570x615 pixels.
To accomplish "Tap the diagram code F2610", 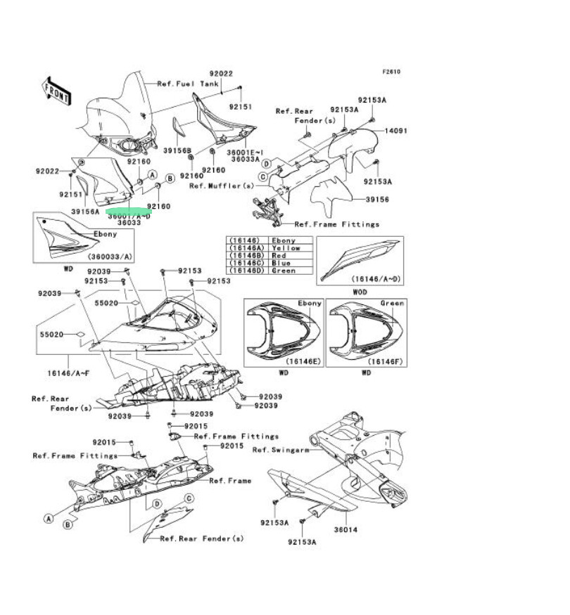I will pos(392,72).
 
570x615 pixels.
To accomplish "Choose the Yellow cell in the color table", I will pos(286,248).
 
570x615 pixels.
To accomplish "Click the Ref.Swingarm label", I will pos(281,451).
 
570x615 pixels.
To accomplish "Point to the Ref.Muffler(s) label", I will pos(221,186).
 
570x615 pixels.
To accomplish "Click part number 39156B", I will pos(177,150).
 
